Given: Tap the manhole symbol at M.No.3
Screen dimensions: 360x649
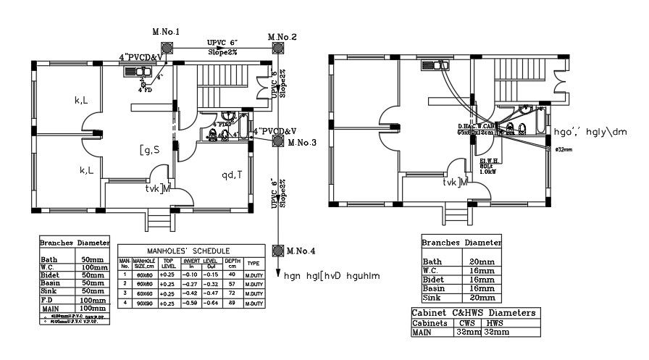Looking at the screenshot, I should [x=278, y=143].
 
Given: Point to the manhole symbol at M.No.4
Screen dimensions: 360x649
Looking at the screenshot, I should [x=278, y=251].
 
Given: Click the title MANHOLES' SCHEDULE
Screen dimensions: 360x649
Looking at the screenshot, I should [x=190, y=251].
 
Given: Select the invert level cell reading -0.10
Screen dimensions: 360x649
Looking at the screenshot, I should [x=190, y=275].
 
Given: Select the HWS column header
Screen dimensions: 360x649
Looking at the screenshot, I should [x=495, y=323].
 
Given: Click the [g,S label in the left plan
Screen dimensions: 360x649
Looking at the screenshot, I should [x=151, y=150].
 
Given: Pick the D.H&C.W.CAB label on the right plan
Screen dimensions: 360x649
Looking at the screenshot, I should [x=475, y=126].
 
